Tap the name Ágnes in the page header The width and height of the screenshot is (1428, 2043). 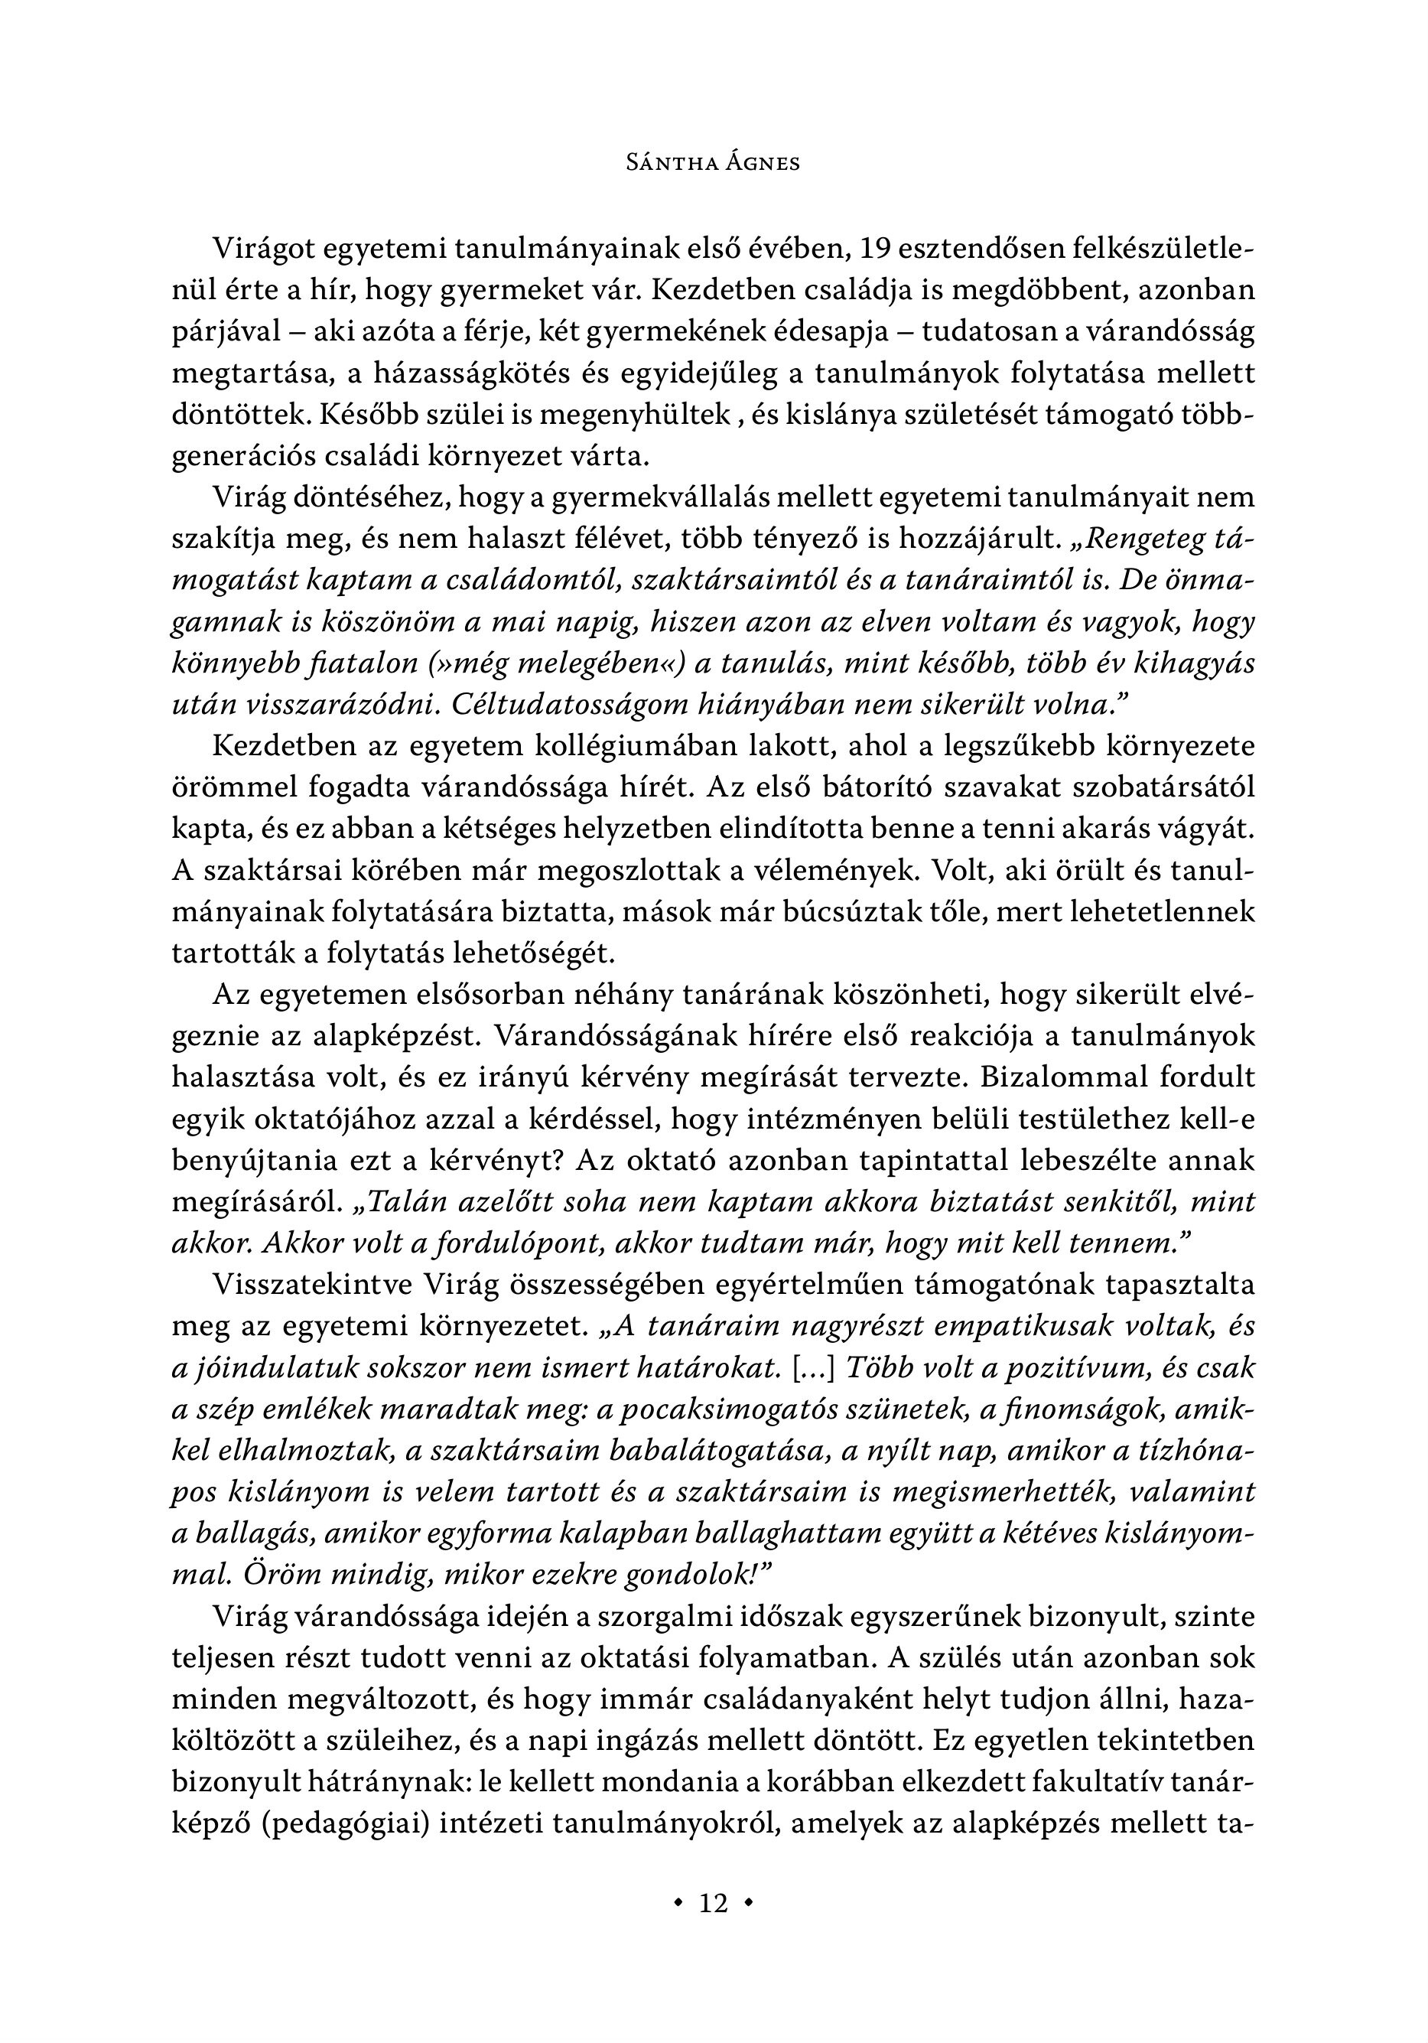coord(761,163)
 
